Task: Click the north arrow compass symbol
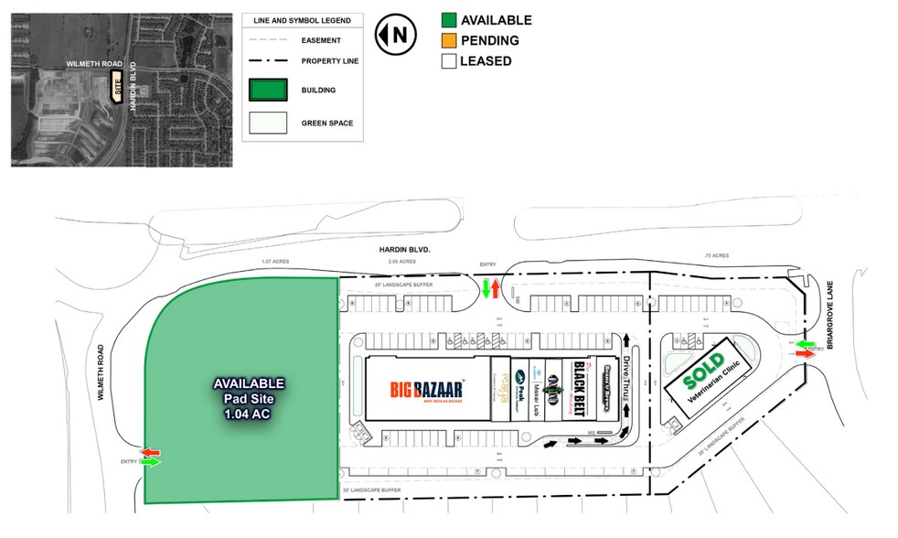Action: coord(395,35)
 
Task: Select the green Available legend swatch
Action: coord(448,20)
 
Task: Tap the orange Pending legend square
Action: coord(448,40)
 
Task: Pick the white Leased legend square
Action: coord(448,61)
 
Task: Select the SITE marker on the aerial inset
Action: coord(116,88)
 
